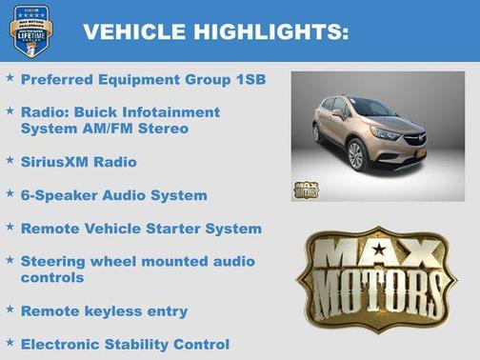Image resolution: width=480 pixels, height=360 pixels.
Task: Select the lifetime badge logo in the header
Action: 30,30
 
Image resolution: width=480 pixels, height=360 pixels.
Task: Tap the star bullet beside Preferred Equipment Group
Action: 10,78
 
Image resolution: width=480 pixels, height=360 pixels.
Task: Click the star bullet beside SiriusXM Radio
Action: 10,161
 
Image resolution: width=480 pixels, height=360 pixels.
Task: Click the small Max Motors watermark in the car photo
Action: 307,188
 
